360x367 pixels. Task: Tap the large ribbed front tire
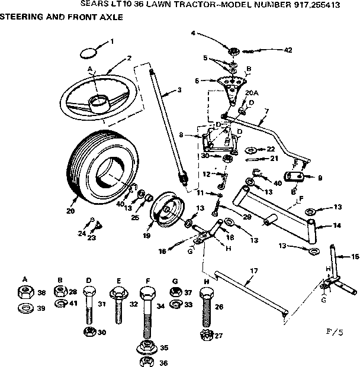pyautogui.click(x=94, y=168)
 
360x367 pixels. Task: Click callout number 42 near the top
pyautogui.click(x=288, y=51)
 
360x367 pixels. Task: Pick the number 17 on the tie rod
pyautogui.click(x=253, y=271)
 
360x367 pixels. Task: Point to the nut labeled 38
pyautogui.click(x=25, y=292)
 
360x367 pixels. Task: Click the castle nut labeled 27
pyautogui.click(x=206, y=336)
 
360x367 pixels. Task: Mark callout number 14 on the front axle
pyautogui.click(x=337, y=226)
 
